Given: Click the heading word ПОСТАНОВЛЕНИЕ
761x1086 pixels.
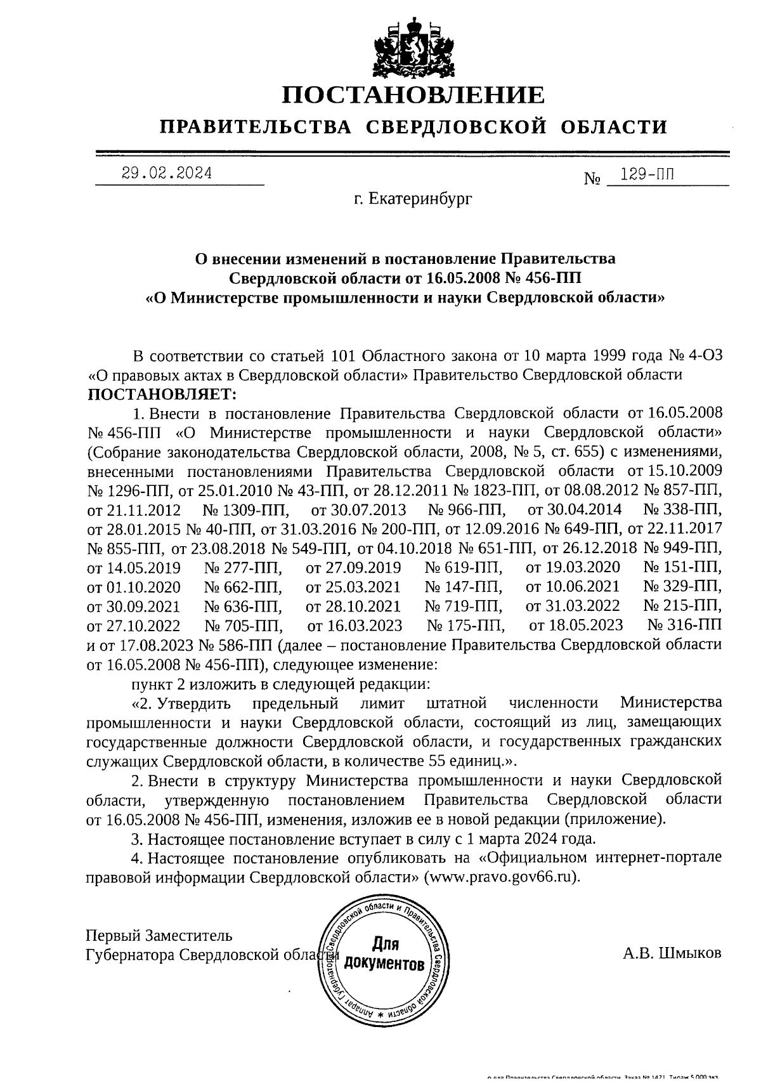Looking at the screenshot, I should (x=413, y=95).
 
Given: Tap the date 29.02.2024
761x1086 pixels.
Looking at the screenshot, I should (x=167, y=173).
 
